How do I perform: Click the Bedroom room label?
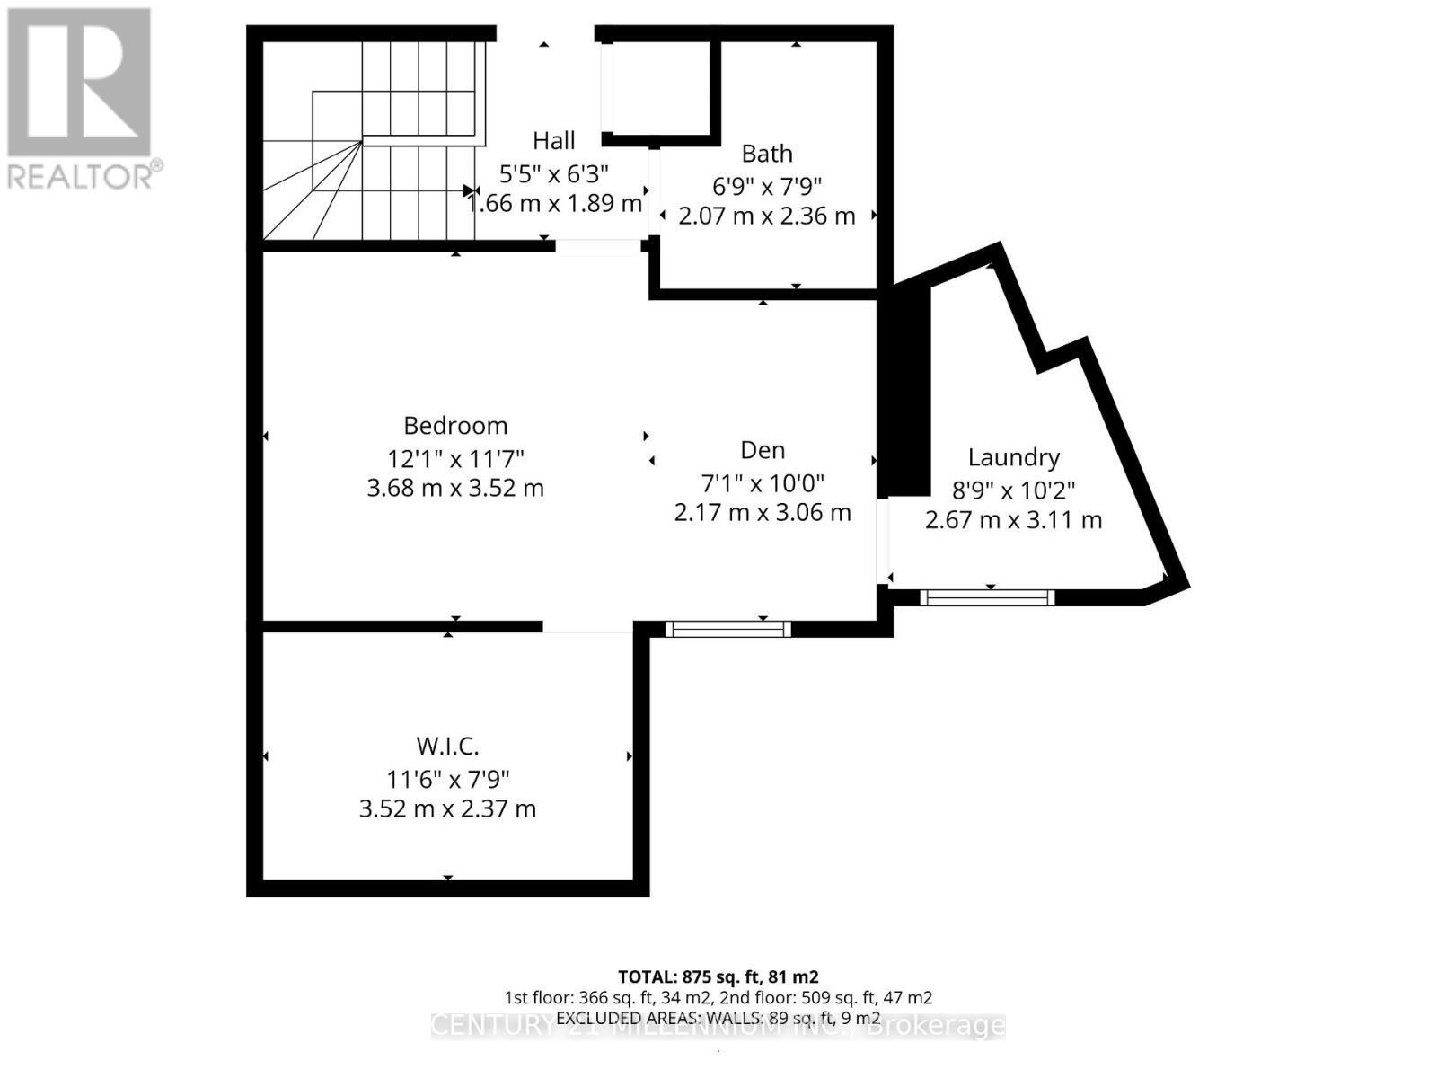point(455,426)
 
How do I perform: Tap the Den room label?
point(763,450)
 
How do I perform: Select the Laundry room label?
point(1013,457)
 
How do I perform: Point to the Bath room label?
point(767,154)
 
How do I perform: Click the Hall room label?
point(553,140)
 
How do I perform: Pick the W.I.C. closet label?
point(447,746)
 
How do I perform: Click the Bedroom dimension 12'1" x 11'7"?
point(455,458)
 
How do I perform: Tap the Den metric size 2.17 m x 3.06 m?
point(763,513)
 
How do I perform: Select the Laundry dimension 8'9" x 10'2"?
point(1013,490)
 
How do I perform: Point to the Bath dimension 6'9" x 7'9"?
point(767,186)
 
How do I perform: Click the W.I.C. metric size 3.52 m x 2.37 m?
point(447,808)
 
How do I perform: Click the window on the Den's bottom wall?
point(727,629)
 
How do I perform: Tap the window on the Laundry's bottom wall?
point(987,597)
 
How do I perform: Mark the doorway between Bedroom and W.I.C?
point(588,627)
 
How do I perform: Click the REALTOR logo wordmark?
point(85,175)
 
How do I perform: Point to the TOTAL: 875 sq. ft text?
point(718,976)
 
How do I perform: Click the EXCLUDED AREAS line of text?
point(718,1018)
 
